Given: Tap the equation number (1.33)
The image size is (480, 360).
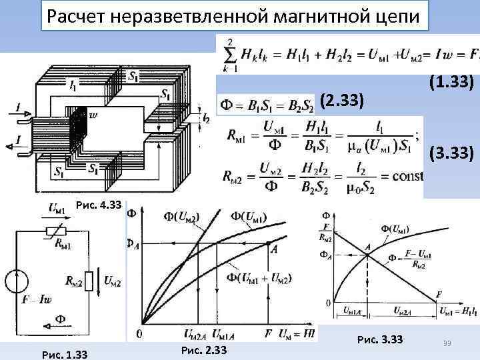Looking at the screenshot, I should coord(452,82).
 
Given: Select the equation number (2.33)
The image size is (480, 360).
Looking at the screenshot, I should coord(342,101).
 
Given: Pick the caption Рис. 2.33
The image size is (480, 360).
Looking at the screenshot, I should coord(204,349).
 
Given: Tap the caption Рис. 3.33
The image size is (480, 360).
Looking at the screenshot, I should coord(380,340).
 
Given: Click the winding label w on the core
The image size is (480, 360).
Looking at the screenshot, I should coord(93,115).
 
